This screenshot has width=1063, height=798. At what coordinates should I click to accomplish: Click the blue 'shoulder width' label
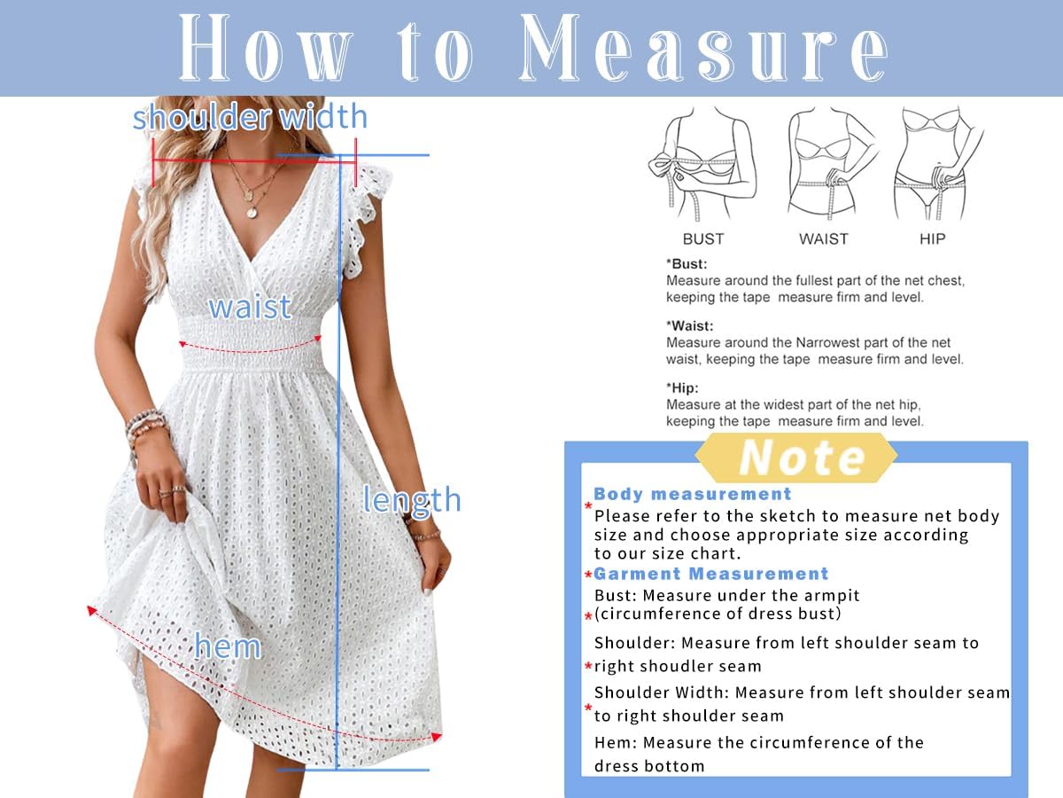250,117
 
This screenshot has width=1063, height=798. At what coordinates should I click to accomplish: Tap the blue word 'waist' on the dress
250,307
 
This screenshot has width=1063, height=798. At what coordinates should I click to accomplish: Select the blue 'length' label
412,500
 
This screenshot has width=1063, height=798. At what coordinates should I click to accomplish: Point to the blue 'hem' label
228,645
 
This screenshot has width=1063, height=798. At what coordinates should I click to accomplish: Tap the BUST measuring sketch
702,164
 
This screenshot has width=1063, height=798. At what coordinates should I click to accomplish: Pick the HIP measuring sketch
935,164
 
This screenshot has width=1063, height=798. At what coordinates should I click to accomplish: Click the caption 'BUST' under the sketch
703,239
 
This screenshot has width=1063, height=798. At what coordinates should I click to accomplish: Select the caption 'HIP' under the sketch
932,239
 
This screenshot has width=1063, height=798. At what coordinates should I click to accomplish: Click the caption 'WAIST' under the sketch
824,239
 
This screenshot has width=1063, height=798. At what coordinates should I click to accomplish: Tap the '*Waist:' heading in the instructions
689,325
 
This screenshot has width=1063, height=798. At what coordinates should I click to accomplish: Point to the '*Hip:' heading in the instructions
682,387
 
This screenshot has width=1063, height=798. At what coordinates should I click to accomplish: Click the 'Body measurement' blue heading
692,494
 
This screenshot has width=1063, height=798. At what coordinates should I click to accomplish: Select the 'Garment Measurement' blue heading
710,574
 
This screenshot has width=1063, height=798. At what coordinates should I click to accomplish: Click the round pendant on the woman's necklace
252,212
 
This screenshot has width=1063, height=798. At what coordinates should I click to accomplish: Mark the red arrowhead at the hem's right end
436,737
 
